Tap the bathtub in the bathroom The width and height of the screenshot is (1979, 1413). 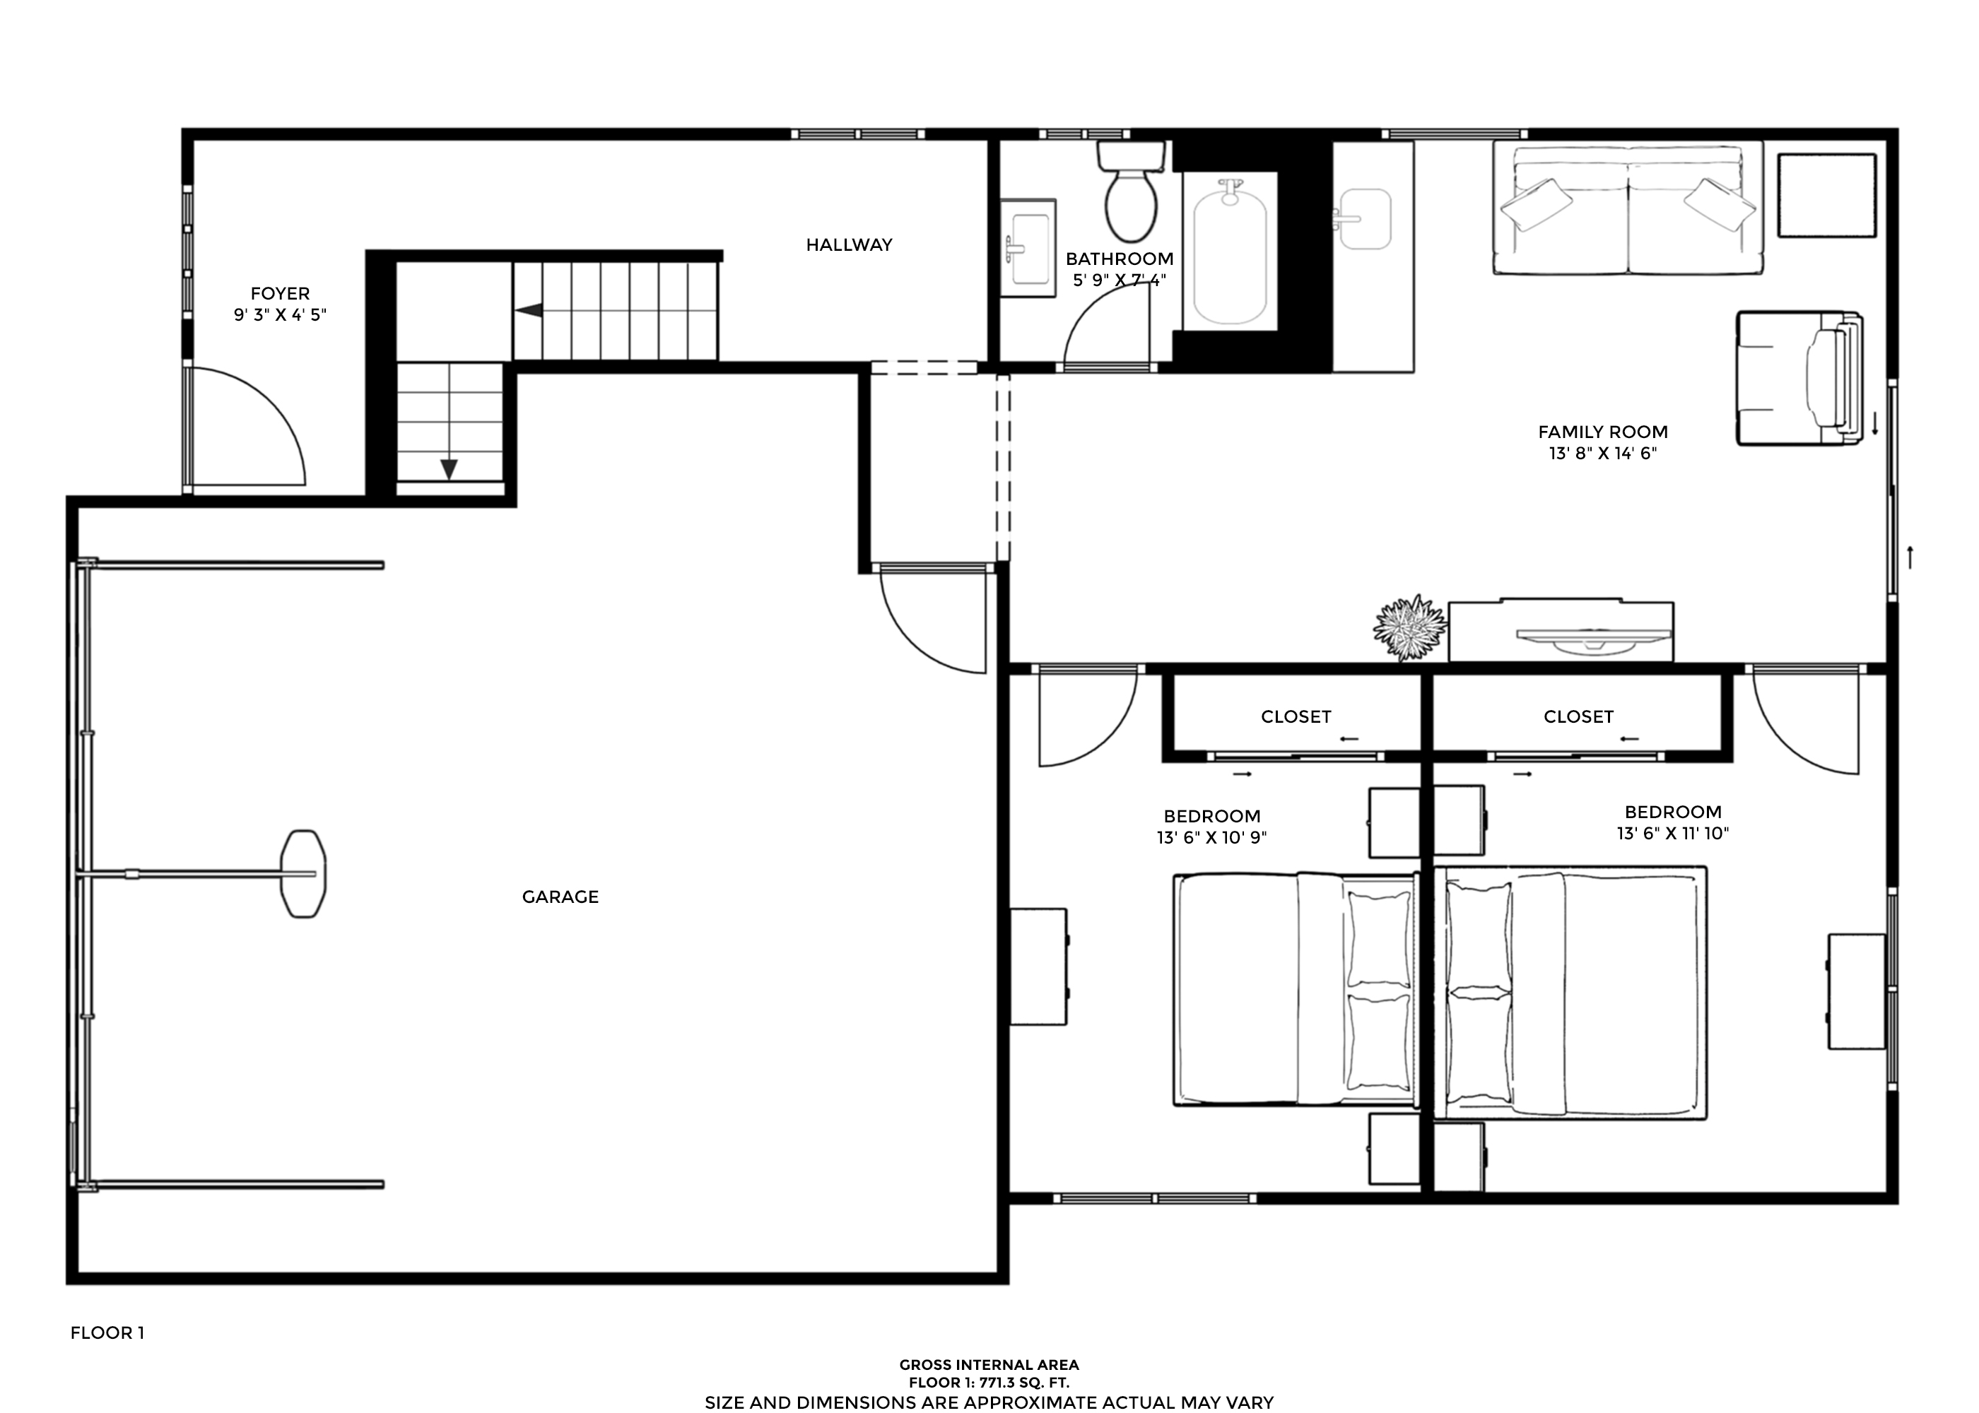(x=1230, y=252)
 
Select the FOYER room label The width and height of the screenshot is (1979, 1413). (x=280, y=293)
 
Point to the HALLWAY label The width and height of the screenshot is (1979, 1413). (x=850, y=245)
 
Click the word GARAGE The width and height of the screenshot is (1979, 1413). (x=560, y=897)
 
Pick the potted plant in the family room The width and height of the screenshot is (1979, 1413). (x=1410, y=627)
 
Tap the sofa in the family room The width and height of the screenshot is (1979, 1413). (x=1628, y=209)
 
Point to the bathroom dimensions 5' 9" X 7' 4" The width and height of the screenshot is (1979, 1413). (x=1119, y=280)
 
